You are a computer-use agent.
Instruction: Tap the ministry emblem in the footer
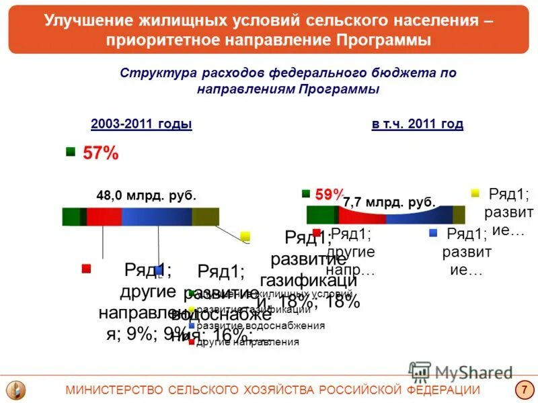15,390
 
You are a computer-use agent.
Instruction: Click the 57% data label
101,154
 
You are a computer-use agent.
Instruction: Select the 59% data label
329,195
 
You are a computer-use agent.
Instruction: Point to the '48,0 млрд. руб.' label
147,196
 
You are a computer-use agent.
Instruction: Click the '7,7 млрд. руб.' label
389,201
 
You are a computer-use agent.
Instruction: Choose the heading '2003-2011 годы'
141,124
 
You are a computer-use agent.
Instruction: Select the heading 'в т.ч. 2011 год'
417,124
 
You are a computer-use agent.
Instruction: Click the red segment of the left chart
104,217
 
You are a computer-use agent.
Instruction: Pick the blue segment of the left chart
157,217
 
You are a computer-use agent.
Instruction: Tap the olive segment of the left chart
205,217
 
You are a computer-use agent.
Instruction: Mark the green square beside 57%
71,152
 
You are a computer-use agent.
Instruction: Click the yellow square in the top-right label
475,193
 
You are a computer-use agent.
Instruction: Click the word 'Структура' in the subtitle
151,73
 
